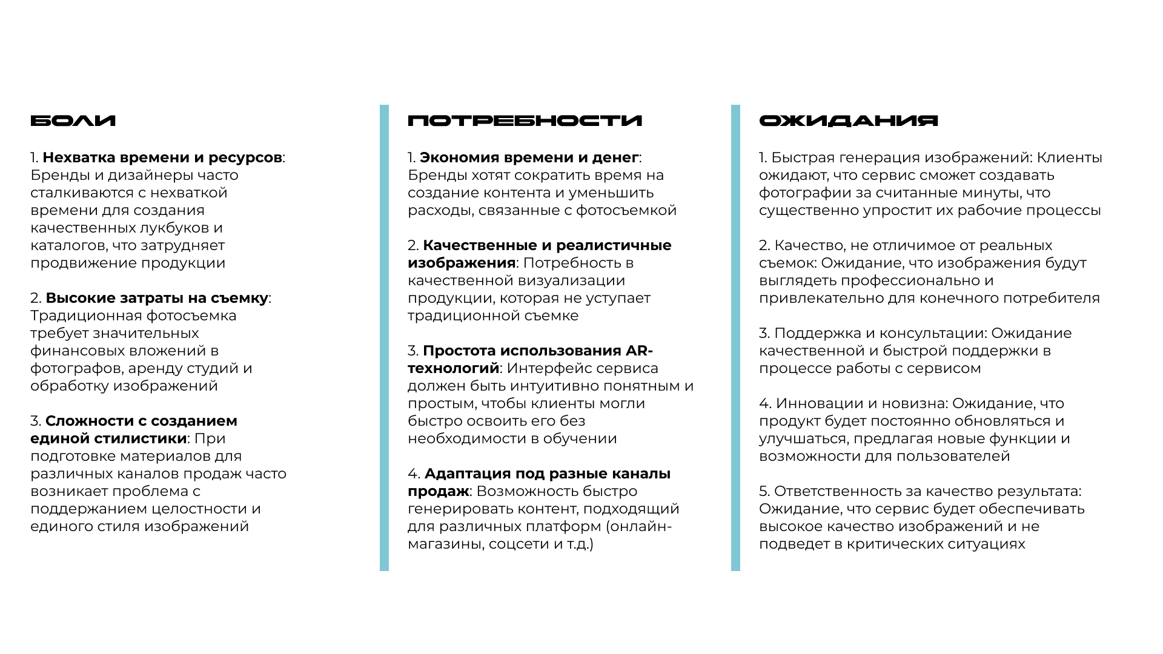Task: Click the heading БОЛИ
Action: coord(73,121)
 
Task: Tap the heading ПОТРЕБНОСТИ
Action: coord(525,121)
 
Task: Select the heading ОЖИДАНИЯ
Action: coord(848,121)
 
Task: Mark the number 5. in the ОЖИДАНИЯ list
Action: coord(764,492)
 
